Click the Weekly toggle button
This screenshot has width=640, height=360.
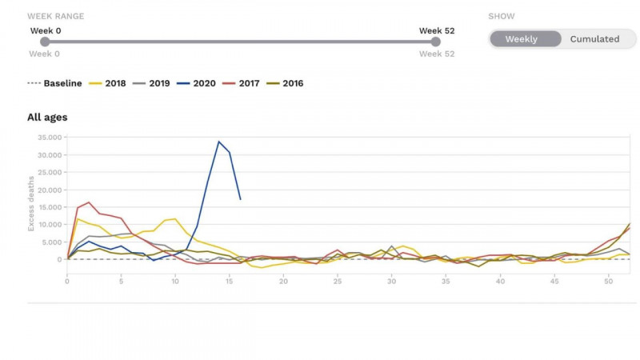(522, 38)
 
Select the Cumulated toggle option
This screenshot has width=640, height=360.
(594, 38)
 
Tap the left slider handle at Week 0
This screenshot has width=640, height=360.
(45, 42)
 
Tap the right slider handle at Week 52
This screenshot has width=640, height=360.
(436, 42)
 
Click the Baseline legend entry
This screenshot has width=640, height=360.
(54, 83)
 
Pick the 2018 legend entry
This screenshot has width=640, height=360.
(110, 83)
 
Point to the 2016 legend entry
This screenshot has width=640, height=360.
(286, 83)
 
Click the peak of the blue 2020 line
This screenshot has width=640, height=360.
(218, 142)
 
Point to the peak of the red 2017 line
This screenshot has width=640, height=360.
(88, 202)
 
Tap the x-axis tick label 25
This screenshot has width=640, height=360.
(338, 281)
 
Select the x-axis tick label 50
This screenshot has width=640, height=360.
(609, 281)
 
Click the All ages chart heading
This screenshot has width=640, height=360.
(47, 118)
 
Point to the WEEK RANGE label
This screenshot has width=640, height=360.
(55, 16)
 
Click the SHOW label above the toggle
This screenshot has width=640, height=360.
(502, 16)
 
